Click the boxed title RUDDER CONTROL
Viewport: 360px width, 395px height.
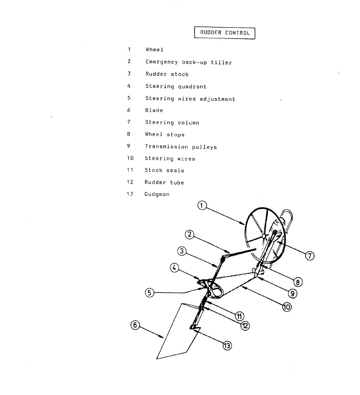(225, 33)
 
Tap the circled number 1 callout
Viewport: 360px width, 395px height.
(202, 206)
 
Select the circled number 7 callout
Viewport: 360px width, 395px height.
(310, 256)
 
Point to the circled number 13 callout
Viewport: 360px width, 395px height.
(227, 346)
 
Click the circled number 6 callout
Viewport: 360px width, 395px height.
(135, 325)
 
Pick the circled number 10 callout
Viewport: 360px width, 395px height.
(287, 307)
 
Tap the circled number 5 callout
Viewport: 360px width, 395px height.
(149, 293)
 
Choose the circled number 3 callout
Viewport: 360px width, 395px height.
(182, 251)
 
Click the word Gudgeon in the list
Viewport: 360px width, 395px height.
(157, 194)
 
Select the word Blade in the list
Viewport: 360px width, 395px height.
(154, 110)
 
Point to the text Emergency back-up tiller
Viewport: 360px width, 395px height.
(188, 62)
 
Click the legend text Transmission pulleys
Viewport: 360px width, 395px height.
(181, 147)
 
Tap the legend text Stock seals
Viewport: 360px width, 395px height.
(165, 170)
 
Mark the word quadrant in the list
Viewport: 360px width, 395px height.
(193, 87)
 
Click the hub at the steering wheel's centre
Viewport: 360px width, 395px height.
(263, 236)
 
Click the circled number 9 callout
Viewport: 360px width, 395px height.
(292, 293)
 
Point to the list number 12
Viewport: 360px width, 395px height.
(130, 182)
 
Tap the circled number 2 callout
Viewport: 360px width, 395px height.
(190, 235)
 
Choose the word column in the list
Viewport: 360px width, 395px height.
(188, 123)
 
